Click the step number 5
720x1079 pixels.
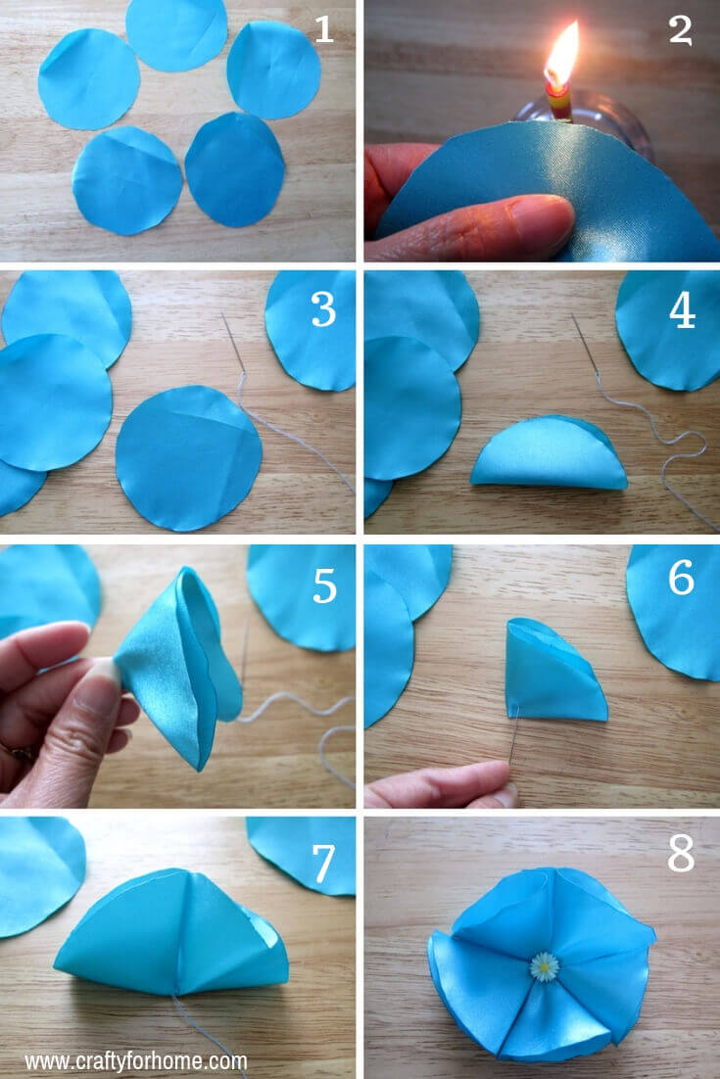tap(324, 586)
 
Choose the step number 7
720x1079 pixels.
tap(323, 862)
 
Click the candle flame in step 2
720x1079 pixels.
tap(562, 54)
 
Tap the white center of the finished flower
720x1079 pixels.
tap(544, 966)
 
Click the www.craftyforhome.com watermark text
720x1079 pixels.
tap(136, 1061)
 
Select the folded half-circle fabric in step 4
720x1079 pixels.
tap(549, 455)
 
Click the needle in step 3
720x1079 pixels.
tap(232, 343)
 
